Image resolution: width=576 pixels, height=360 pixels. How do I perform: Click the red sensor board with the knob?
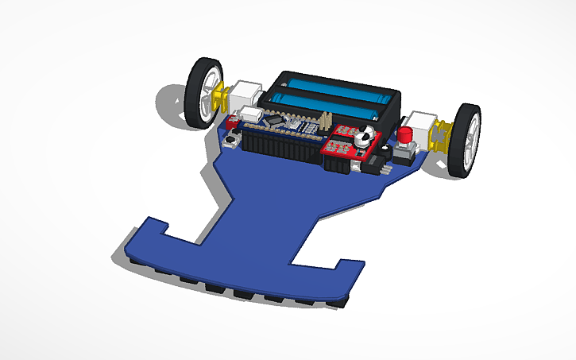[346, 143]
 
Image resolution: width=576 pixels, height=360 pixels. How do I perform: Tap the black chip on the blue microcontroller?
[274, 122]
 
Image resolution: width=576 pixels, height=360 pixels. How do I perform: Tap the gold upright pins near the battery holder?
[324, 120]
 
